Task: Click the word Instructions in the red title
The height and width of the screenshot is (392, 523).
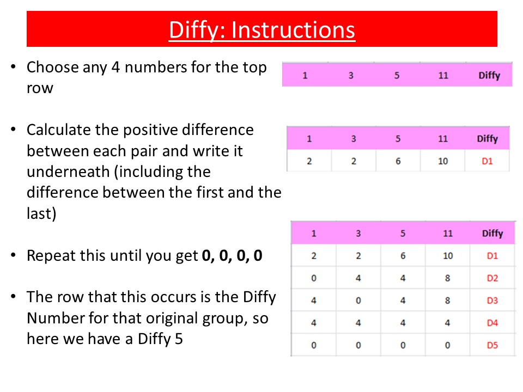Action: click(x=293, y=30)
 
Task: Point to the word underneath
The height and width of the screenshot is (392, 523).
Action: click(x=68, y=171)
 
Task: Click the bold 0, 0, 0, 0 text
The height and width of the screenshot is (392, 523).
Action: click(x=232, y=256)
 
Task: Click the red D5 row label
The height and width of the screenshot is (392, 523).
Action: click(x=492, y=345)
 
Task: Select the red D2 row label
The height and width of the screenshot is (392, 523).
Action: click(x=492, y=278)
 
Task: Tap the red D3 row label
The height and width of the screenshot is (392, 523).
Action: click(x=492, y=301)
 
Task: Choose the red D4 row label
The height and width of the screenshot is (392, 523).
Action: click(x=492, y=323)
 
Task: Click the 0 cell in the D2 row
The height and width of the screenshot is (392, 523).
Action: click(x=314, y=278)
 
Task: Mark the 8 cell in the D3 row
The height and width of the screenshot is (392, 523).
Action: click(x=448, y=301)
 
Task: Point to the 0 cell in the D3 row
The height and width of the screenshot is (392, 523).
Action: click(x=358, y=301)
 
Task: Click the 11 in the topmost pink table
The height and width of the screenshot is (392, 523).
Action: click(x=443, y=75)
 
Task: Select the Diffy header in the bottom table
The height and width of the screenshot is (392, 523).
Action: click(x=492, y=234)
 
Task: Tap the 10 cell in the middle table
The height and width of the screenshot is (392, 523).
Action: click(x=442, y=161)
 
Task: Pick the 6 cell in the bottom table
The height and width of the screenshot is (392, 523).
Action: click(x=403, y=256)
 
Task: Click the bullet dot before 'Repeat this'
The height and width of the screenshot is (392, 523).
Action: click(x=13, y=255)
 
